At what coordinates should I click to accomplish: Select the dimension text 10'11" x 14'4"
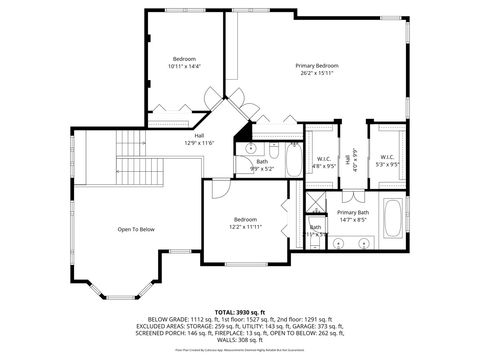(x=185, y=66)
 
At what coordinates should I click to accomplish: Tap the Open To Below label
(x=136, y=229)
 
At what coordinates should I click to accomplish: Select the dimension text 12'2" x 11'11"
(x=245, y=227)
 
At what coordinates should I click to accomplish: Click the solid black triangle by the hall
(x=242, y=134)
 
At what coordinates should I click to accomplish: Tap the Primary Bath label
(x=352, y=213)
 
